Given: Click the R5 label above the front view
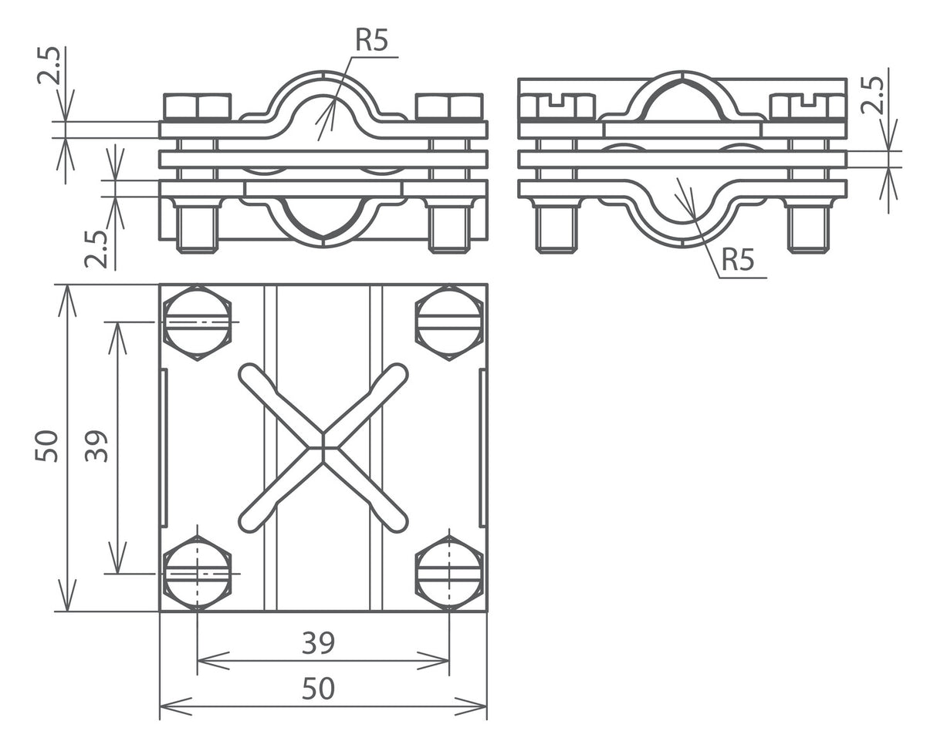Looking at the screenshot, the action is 371,41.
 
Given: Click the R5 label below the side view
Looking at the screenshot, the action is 738,260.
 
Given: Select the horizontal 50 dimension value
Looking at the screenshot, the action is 318,689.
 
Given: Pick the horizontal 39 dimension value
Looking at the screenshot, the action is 318,642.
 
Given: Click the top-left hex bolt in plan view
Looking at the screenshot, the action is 198,322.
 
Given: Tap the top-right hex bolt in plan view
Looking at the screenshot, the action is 449,322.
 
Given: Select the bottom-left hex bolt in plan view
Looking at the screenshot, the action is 198,574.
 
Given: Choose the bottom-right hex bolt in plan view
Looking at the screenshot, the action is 449,574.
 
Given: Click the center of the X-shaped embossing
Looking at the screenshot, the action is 323,448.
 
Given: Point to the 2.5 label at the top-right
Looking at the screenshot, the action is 872,95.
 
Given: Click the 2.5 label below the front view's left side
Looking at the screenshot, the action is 96,249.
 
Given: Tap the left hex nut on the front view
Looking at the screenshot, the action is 198,106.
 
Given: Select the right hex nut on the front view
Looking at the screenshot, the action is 449,106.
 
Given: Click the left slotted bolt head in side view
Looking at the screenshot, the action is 556,106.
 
